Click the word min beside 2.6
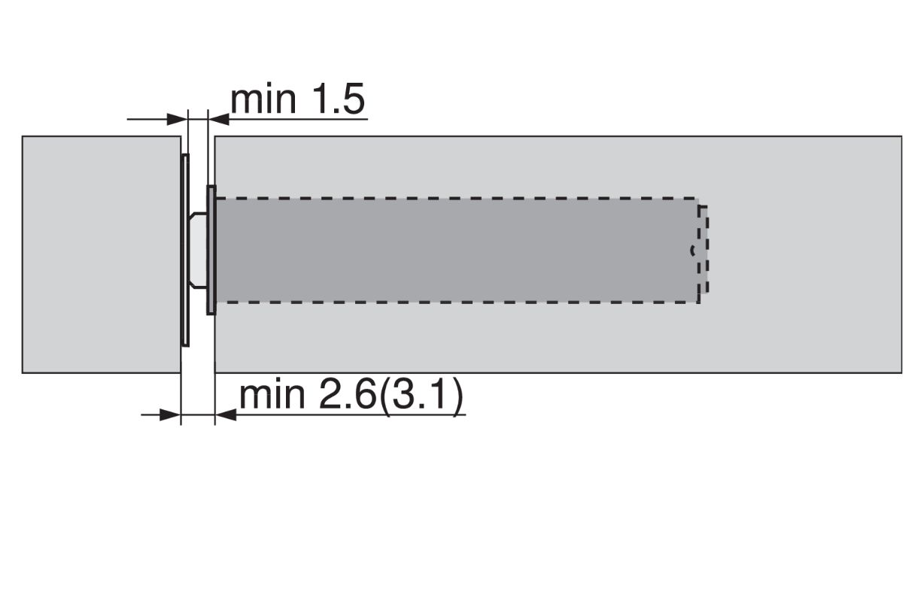271,396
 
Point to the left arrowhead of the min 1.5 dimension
177,118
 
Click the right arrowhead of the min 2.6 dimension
225,413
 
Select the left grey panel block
100,254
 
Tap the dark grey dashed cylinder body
451,250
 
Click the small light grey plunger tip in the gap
197,250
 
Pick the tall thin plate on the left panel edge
185,250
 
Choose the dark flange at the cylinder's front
211,250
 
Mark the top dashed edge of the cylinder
451,198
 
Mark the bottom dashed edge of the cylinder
451,303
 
